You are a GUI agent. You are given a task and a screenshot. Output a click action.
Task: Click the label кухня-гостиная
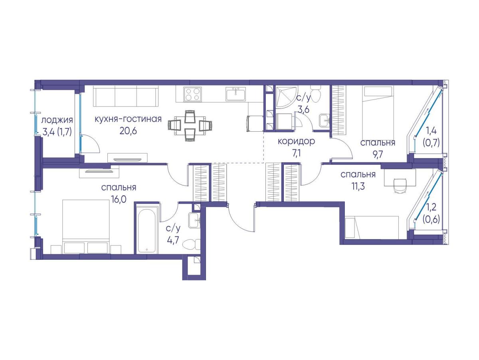pyautogui.click(x=128, y=119)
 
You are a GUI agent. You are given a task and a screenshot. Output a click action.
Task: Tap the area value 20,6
pyautogui.click(x=128, y=131)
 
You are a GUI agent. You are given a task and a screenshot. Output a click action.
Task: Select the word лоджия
pyautogui.click(x=57, y=120)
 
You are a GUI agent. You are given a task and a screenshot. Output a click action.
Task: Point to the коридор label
pyautogui.click(x=296, y=142)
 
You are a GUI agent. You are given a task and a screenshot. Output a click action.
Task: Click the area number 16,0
pyautogui.click(x=119, y=199)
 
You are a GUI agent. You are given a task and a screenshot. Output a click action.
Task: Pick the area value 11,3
pyautogui.click(x=358, y=186)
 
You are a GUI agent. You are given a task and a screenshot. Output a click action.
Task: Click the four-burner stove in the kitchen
pyautogui.click(x=192, y=94)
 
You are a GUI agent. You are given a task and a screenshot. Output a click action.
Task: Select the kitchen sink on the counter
pyautogui.click(x=236, y=94)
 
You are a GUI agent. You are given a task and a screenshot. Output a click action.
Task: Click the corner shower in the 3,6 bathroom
pyautogui.click(x=284, y=96)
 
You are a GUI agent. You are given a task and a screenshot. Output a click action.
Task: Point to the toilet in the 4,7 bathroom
pyautogui.click(x=191, y=244)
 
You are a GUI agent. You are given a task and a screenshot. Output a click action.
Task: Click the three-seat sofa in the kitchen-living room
pyautogui.click(x=126, y=96)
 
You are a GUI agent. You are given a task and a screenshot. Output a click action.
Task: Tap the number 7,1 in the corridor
pyautogui.click(x=296, y=153)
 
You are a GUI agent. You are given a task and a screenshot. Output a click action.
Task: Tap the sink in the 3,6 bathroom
pyautogui.click(x=324, y=120)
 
